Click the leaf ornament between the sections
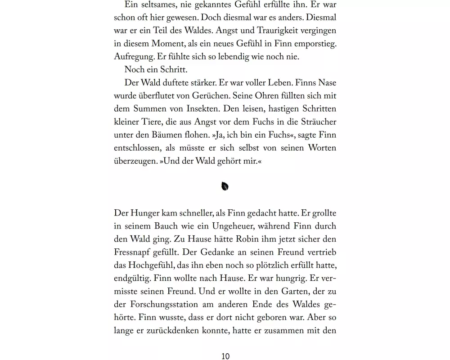click(225, 186)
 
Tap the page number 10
click(225, 355)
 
